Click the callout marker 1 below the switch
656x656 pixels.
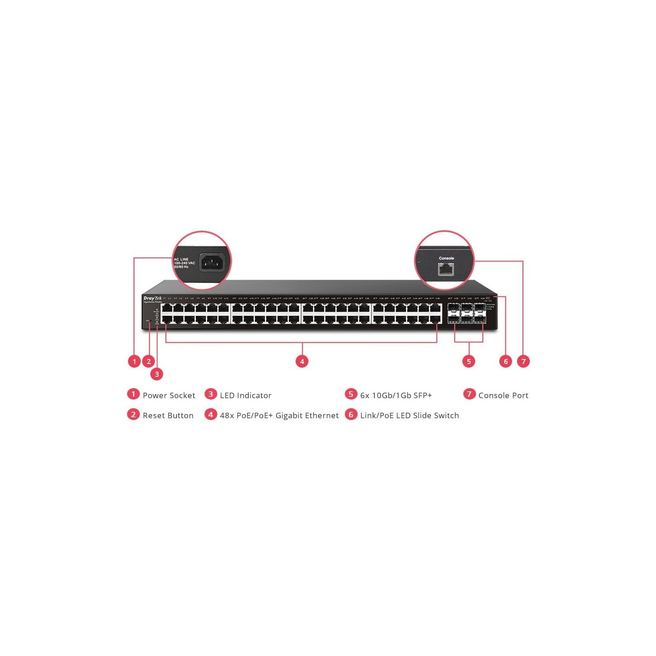[x=134, y=361]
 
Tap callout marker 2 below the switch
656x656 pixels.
[x=149, y=361]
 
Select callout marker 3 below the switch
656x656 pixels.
[x=157, y=374]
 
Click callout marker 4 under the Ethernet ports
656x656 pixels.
[x=302, y=361]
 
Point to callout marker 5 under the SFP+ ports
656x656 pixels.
[x=469, y=361]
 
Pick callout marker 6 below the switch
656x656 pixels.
[x=505, y=361]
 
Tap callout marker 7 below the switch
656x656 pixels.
[x=523, y=361]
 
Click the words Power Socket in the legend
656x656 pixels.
[x=169, y=395]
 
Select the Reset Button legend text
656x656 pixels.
[x=168, y=415]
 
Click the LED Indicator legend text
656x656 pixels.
[x=246, y=395]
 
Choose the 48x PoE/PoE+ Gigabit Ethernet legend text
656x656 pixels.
[x=279, y=415]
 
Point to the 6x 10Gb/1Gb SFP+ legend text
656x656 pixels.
[x=396, y=395]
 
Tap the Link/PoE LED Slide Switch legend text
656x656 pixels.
[x=410, y=415]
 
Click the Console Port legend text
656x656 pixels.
[x=503, y=395]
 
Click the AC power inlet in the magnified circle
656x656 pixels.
[x=212, y=262]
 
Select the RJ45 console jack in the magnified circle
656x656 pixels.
[x=446, y=270]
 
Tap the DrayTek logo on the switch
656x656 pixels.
[x=152, y=298]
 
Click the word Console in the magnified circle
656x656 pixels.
[x=446, y=258]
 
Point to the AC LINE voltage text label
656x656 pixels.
[x=184, y=263]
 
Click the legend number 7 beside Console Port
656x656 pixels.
[x=469, y=394]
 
